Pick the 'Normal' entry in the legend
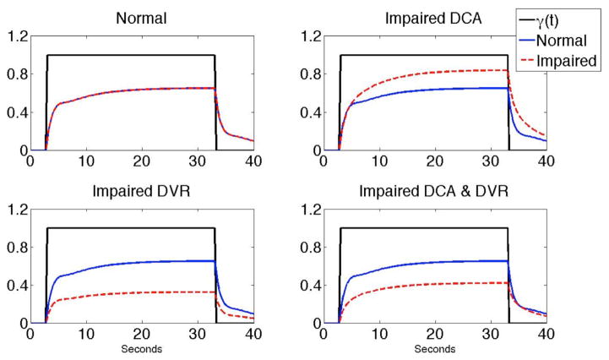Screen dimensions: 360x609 coord(573,39)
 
